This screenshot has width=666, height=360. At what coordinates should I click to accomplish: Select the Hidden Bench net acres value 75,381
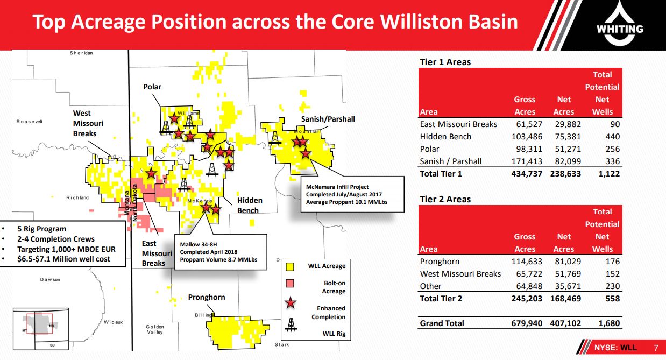pyautogui.click(x=568, y=137)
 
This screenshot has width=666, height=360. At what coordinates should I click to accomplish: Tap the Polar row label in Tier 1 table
pyautogui.click(x=429, y=149)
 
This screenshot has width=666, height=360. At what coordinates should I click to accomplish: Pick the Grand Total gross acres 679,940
pyautogui.click(x=527, y=323)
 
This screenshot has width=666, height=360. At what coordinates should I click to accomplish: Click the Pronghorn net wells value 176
pyautogui.click(x=613, y=261)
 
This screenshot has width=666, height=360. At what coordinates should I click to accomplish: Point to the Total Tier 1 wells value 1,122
pyautogui.click(x=609, y=174)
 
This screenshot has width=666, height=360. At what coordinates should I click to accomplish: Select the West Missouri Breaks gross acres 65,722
pyautogui.click(x=529, y=274)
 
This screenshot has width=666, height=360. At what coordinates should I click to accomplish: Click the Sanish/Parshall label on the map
pyautogui.click(x=328, y=119)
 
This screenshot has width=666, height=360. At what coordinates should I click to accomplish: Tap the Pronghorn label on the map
pyautogui.click(x=207, y=297)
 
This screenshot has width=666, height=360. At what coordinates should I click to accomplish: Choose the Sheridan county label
pyautogui.click(x=81, y=53)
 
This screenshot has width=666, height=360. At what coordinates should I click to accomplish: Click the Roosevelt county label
pyautogui.click(x=30, y=122)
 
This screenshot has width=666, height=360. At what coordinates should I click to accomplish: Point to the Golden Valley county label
pyautogui.click(x=155, y=329)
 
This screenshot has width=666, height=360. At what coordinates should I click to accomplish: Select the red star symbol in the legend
pyautogui.click(x=291, y=302)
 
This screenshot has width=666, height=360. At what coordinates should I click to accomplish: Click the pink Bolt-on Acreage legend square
pyautogui.click(x=289, y=283)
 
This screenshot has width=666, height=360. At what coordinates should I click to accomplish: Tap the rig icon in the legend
pyautogui.click(x=291, y=325)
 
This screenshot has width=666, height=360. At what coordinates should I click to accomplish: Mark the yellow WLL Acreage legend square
pyautogui.click(x=289, y=266)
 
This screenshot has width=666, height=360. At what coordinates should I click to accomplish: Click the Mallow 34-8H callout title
pyautogui.click(x=199, y=244)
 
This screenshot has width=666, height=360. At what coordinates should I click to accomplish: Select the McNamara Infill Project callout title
pyautogui.click(x=337, y=187)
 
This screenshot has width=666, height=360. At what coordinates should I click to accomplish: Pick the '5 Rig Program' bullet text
pyautogui.click(x=41, y=229)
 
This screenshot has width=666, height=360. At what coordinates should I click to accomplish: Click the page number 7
pyautogui.click(x=656, y=348)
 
